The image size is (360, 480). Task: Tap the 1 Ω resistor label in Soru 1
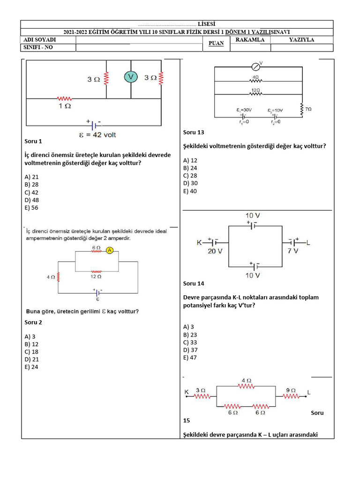coord(64,106)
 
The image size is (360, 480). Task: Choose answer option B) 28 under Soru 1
coord(32,185)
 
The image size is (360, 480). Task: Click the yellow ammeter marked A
coord(110,250)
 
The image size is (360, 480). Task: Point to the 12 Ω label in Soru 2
coord(96,277)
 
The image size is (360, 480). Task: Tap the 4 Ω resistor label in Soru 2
coord(51,277)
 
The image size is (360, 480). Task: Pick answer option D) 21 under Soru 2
coord(32,360)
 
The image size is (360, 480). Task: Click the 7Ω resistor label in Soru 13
coord(308,109)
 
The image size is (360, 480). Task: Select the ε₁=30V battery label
coord(244,110)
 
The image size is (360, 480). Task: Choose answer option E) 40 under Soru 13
coord(190,191)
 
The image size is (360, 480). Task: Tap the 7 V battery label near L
coord(293,251)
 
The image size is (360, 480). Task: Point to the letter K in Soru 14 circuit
coord(199,242)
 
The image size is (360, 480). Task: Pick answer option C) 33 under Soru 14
coord(190,342)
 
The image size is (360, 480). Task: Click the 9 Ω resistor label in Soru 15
coord(291,390)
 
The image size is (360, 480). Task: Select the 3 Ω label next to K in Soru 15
coord(200,390)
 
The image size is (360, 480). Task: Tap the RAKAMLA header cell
coord(250,40)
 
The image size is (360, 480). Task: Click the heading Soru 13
coord(194,132)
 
